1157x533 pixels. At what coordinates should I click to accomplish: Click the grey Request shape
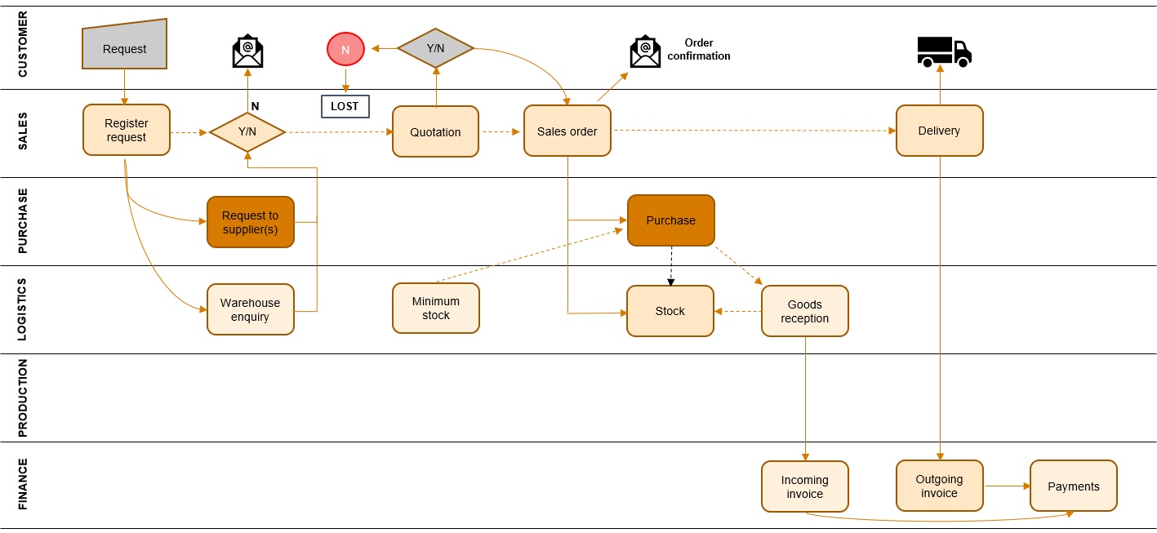click(124, 47)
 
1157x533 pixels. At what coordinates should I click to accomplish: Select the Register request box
click(127, 131)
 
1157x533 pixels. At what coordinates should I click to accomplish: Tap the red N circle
click(345, 50)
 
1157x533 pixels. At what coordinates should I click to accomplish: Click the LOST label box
click(345, 106)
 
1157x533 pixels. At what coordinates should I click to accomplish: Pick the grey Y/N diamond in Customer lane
click(435, 48)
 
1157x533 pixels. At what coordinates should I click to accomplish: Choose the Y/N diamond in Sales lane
click(247, 132)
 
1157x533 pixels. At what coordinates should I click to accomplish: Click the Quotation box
click(435, 131)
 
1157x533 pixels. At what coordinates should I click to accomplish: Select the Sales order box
click(567, 131)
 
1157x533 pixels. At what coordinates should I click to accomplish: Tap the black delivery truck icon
click(944, 51)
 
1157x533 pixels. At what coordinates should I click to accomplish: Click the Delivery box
click(939, 131)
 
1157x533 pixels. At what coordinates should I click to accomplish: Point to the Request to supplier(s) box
click(250, 222)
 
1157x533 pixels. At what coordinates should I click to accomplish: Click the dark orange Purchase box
click(670, 220)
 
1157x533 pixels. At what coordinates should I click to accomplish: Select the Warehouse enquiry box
click(250, 309)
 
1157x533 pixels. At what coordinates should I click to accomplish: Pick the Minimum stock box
click(435, 308)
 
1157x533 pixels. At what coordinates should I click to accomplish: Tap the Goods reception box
click(804, 311)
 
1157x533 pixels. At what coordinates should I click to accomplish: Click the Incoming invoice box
click(804, 486)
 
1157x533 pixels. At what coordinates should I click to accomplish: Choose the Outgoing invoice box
click(939, 486)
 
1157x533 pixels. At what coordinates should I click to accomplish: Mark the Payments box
click(1073, 486)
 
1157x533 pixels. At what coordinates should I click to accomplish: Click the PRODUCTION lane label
click(23, 398)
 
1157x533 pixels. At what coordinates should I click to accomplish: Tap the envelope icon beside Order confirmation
click(645, 52)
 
